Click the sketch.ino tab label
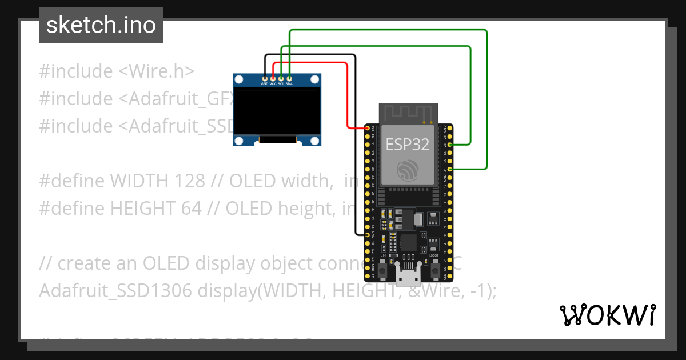tap(101, 25)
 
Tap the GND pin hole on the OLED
tap(265, 78)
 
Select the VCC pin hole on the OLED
tap(273, 78)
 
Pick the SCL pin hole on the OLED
tap(281, 78)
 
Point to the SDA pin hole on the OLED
tap(290, 78)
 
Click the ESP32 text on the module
tap(407, 144)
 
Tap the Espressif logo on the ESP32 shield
tap(407, 170)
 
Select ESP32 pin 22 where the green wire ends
tap(451, 145)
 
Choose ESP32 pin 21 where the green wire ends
tap(451, 169)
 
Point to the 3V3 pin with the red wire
tap(367, 128)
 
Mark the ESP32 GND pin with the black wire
tap(367, 235)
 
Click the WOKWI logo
tap(607, 315)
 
